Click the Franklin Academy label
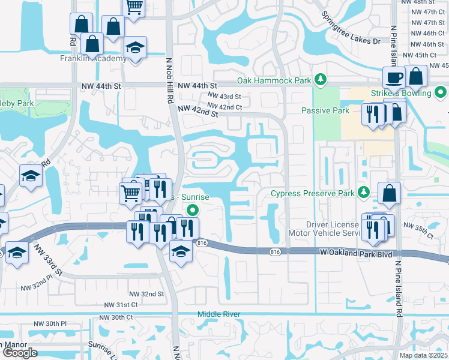click(93, 59)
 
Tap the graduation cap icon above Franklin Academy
click(136, 48)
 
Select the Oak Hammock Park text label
click(274, 80)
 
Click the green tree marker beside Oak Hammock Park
click(321, 79)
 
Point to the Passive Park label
click(325, 111)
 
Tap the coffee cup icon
click(394, 77)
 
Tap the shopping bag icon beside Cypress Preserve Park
click(390, 194)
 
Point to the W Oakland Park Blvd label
click(356, 254)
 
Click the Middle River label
click(219, 314)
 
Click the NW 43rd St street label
click(224, 97)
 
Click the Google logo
click(20, 352)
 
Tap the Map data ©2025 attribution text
click(423, 355)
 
